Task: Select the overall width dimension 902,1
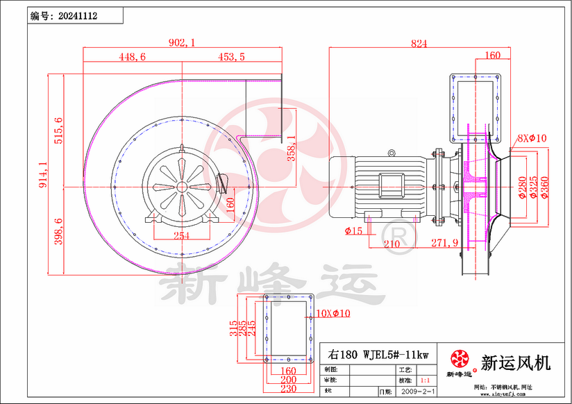coord(183,43)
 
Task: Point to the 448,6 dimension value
coord(132,58)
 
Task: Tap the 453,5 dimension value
coord(231,58)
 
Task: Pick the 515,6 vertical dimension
coord(58,131)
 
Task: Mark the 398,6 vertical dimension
coord(58,230)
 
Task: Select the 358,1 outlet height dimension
coord(291,149)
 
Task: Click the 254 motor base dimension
coord(181,236)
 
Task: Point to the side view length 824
coord(419,43)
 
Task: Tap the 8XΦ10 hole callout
coord(531,138)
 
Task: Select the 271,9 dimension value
coord(445,242)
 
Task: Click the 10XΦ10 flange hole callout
coord(333,313)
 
